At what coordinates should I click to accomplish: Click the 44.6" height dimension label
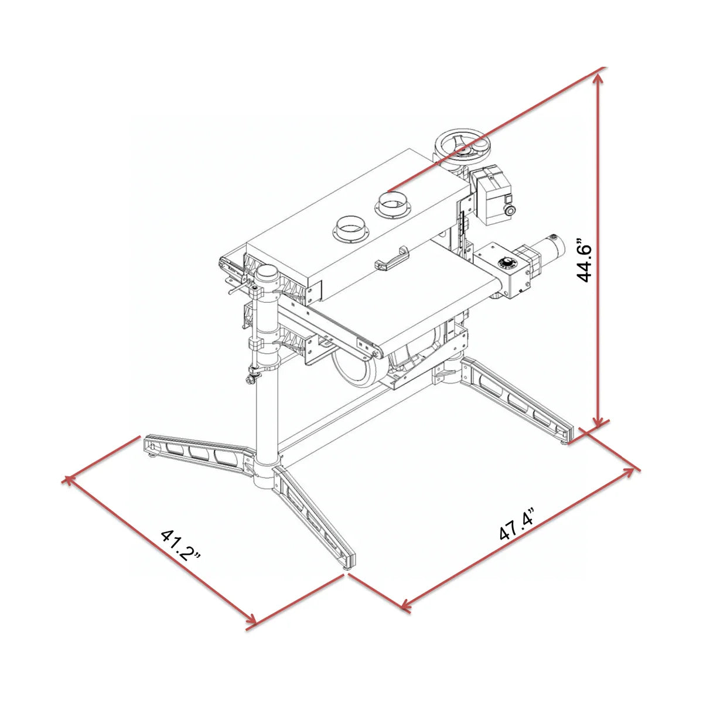click(583, 261)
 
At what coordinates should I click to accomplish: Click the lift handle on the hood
click(392, 258)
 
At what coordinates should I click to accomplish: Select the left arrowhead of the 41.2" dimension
click(69, 480)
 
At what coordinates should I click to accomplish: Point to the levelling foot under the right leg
click(565, 443)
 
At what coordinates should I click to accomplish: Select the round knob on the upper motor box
click(509, 210)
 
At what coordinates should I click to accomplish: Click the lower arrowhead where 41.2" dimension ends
click(252, 619)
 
